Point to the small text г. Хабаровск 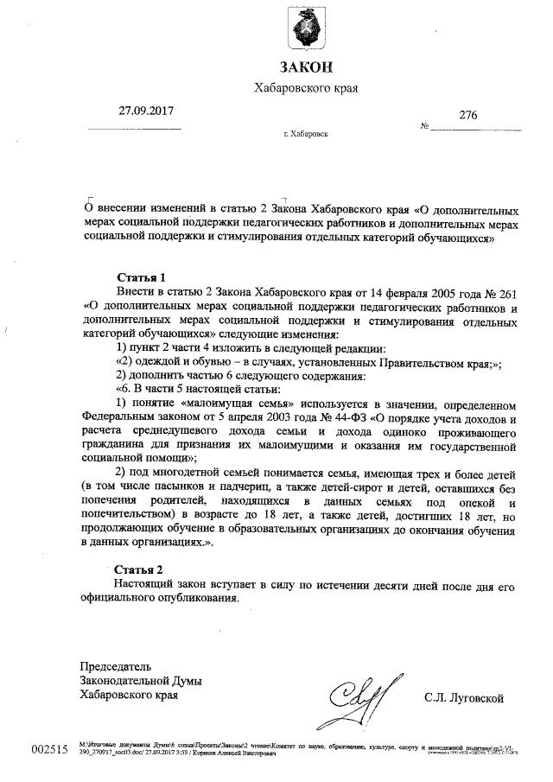coord(305,135)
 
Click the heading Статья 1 coord(140,277)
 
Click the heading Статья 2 coord(139,570)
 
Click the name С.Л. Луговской coord(463,696)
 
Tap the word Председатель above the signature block coord(116,666)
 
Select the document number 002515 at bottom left coord(48,749)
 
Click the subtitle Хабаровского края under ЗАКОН coord(305,88)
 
